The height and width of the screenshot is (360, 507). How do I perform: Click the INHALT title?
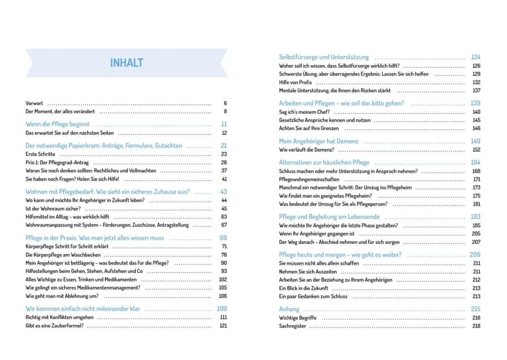click(127, 62)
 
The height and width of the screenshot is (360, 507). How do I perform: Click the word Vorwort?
click(34, 103)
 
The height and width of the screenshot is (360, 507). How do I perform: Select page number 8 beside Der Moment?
click(225, 112)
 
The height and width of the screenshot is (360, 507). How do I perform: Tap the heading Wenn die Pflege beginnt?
click(58, 124)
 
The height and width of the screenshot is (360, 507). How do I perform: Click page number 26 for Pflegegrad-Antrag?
click(224, 162)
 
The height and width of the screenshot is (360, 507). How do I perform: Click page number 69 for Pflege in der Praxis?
click(224, 237)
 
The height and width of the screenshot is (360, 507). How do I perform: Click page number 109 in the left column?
click(222, 308)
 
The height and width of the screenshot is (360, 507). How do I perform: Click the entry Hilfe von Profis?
click(297, 82)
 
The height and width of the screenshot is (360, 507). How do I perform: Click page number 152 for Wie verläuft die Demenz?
click(476, 149)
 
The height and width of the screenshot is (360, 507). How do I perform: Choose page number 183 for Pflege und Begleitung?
click(475, 217)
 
